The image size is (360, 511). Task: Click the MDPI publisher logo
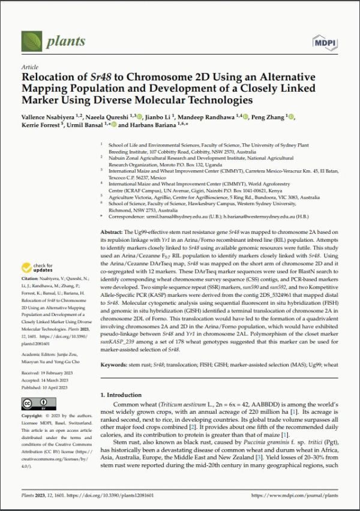(325, 42)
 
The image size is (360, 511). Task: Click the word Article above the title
(29, 68)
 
